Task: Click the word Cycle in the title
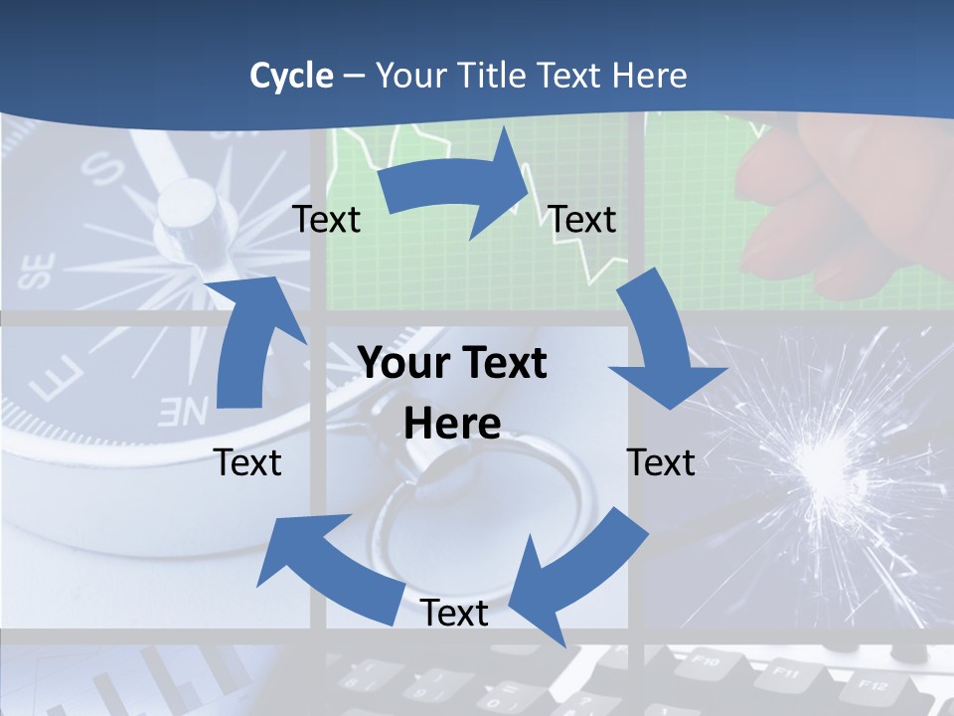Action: coord(291,76)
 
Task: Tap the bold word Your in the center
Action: coord(402,363)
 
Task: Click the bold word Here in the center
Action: coord(452,424)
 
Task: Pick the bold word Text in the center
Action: coord(502,363)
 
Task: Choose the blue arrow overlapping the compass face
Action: coord(253,338)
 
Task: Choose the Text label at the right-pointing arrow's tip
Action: coord(582,219)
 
